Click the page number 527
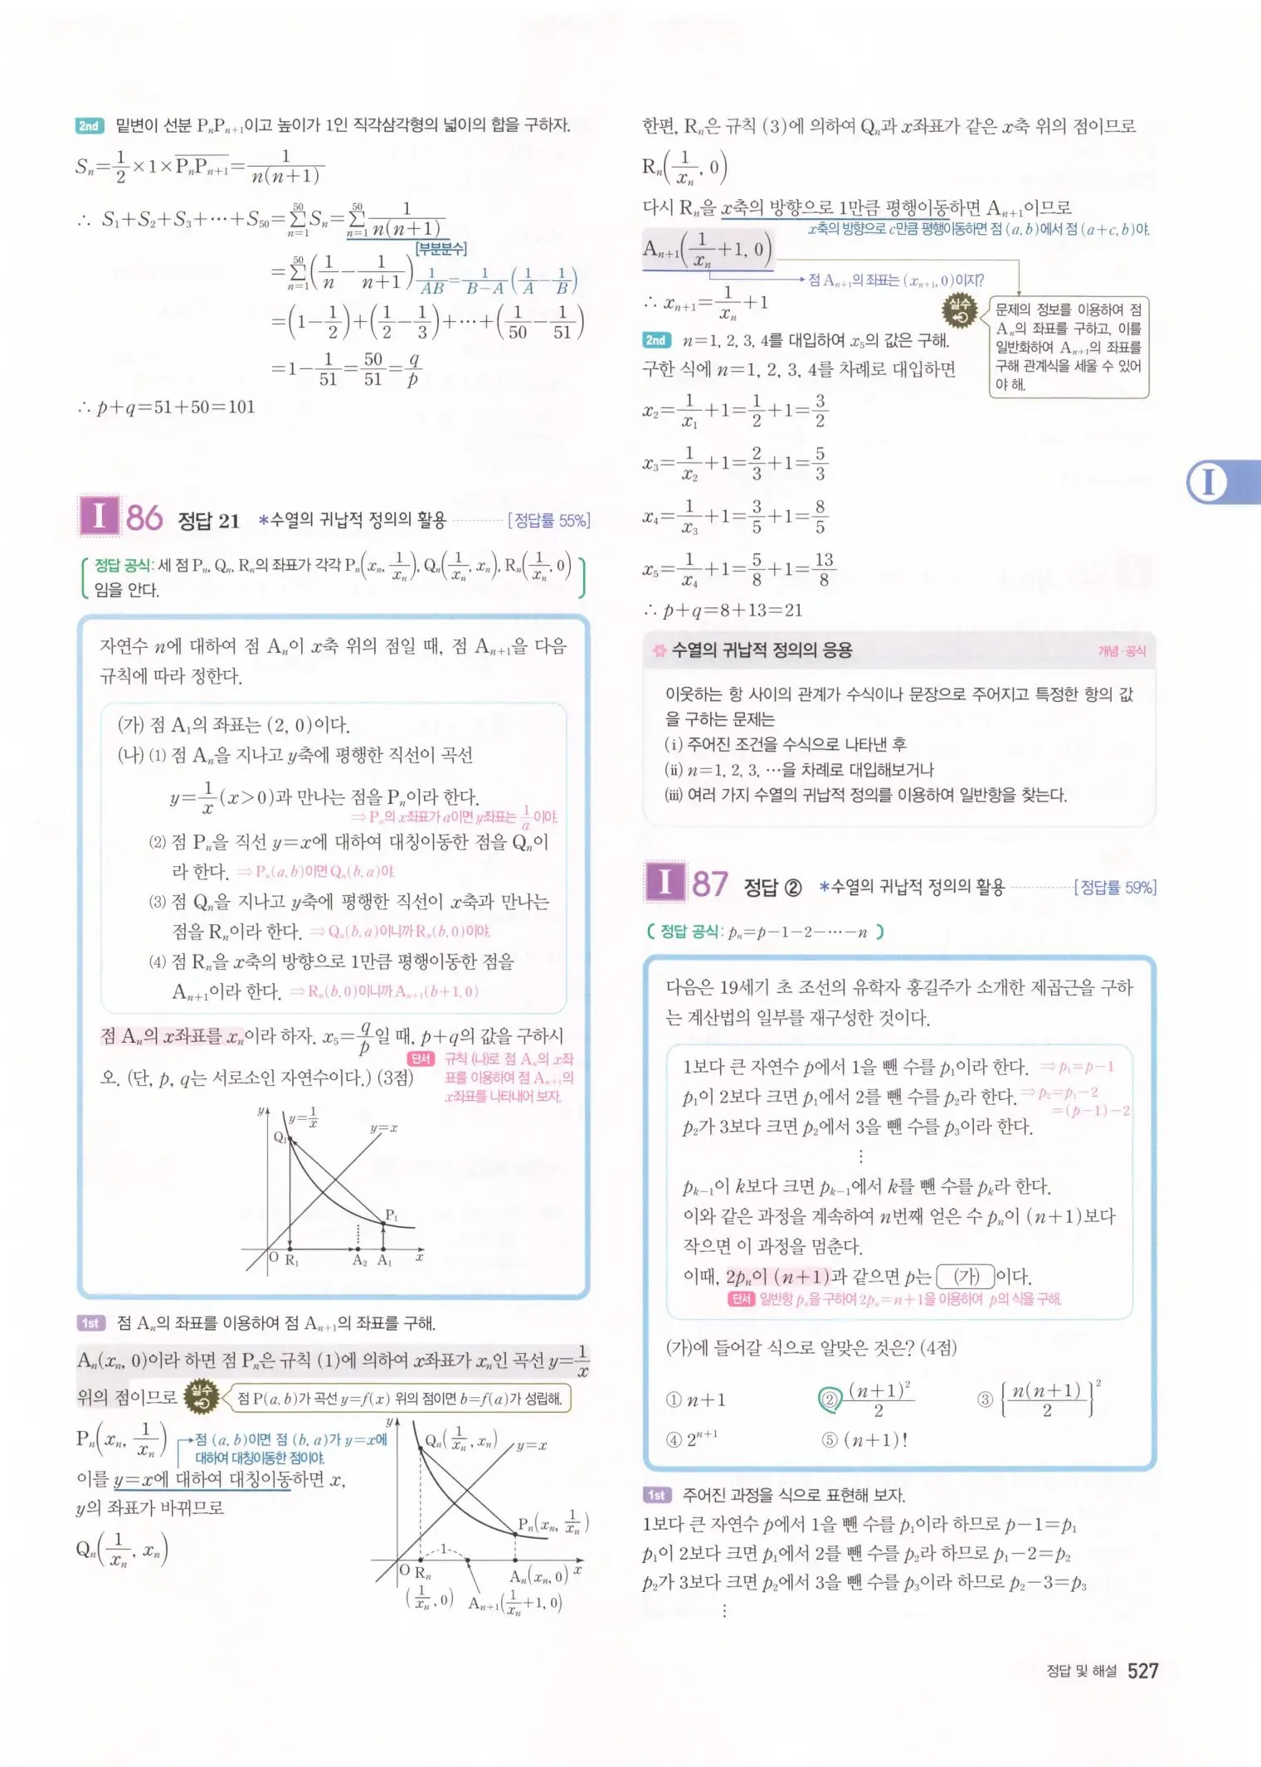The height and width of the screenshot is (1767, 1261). tap(1142, 1671)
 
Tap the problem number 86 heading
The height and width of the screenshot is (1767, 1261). tap(144, 518)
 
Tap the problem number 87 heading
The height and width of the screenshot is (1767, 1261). tap(710, 884)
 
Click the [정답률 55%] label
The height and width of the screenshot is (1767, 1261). tap(548, 520)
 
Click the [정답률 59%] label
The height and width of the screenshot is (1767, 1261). tap(1115, 888)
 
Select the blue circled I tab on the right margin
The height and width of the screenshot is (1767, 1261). tap(1208, 482)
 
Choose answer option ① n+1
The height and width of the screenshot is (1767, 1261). tap(696, 1400)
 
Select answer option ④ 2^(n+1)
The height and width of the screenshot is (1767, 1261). tap(693, 1439)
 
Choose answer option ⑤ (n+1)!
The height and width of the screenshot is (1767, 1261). tap(864, 1439)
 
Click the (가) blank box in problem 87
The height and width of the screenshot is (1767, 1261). tap(966, 1276)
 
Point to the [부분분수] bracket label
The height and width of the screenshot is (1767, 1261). tap(441, 248)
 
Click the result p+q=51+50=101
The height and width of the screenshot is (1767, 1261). tap(166, 406)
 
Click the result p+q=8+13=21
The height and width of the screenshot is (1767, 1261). tap(723, 611)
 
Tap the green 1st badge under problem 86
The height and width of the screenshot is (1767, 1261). tap(90, 1323)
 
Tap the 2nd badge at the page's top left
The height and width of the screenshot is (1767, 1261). tap(89, 126)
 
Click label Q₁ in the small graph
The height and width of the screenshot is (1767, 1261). tap(280, 1137)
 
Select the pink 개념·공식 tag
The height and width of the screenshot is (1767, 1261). tap(1122, 651)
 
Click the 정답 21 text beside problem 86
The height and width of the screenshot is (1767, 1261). tap(209, 521)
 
